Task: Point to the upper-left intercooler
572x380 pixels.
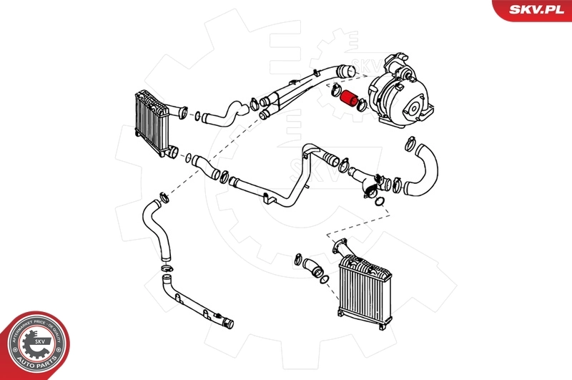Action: pyautogui.click(x=152, y=124)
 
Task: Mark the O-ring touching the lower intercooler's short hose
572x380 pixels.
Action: pyautogui.click(x=324, y=278)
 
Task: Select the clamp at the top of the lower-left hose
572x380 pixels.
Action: pyautogui.click(x=163, y=195)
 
